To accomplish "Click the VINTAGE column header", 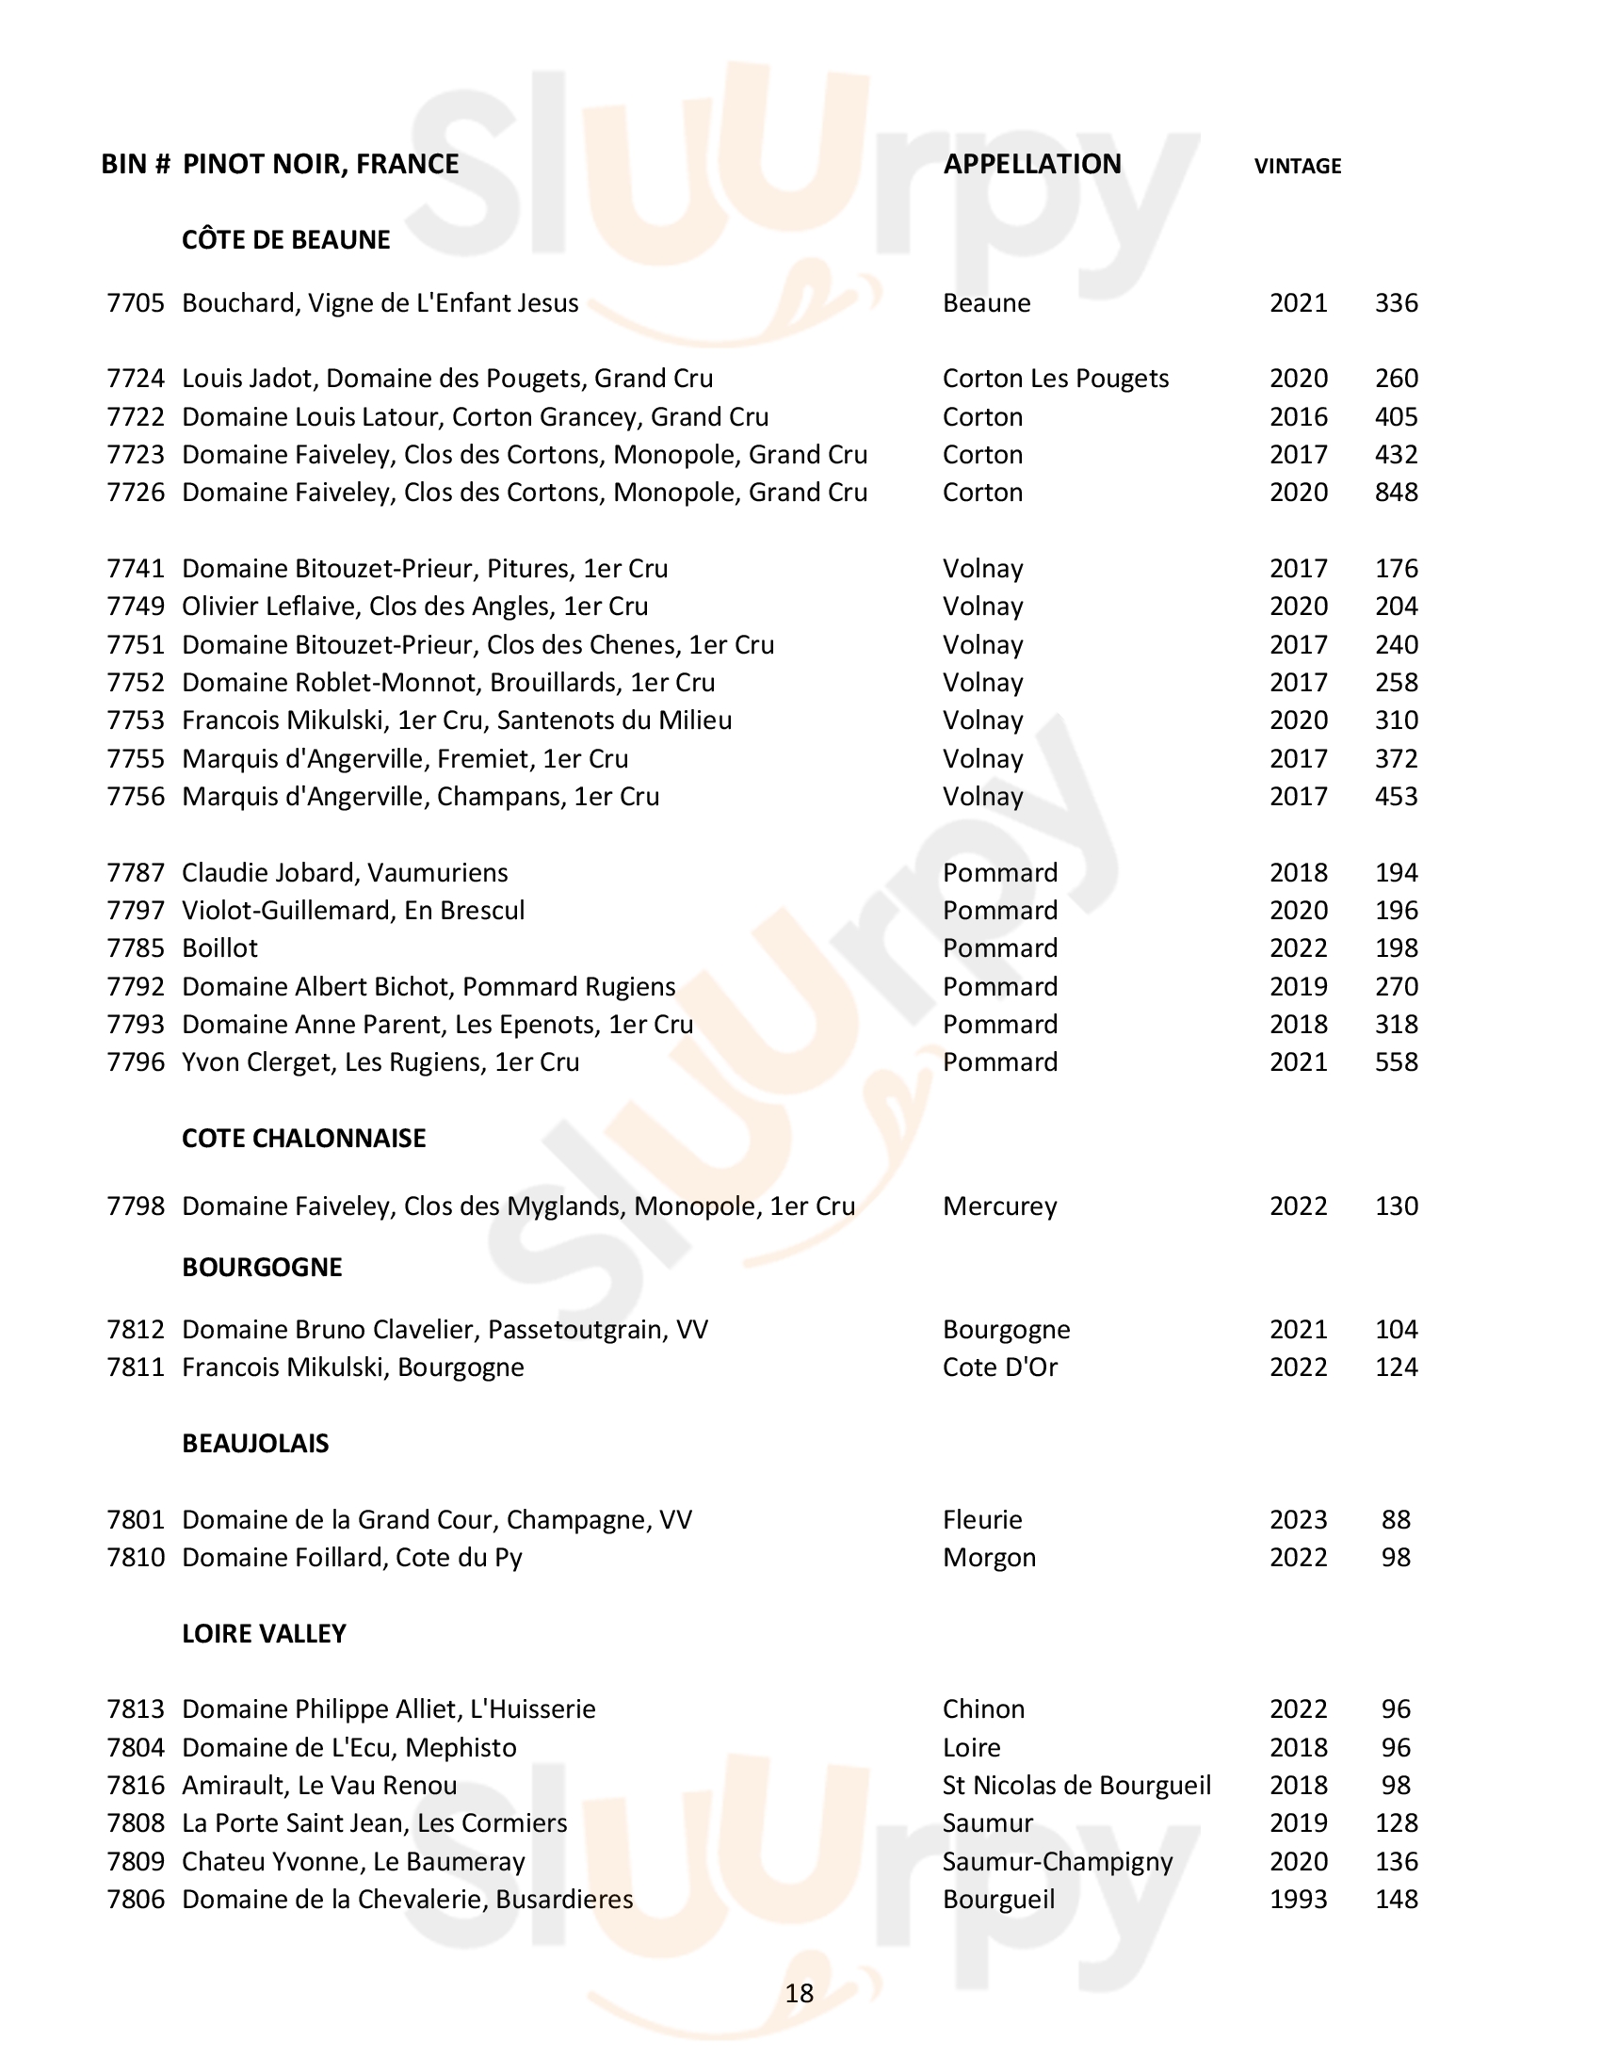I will point(1297,166).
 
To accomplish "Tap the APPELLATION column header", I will point(1031,164).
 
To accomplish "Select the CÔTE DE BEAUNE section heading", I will point(285,240).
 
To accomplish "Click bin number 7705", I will point(136,303).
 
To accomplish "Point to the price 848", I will point(1396,493).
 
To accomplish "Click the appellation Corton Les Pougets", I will point(1055,379).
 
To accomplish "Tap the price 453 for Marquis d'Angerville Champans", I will point(1396,797).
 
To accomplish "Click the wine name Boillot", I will point(220,948).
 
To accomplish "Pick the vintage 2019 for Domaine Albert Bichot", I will point(1299,987).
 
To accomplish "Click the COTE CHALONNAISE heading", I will point(303,1139).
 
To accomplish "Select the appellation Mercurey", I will point(998,1206).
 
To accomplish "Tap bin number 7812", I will point(136,1330).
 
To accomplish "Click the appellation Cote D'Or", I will point(998,1368).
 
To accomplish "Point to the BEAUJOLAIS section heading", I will point(255,1444).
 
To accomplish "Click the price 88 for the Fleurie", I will point(1396,1520).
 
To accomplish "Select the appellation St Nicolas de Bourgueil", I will point(1076,1786).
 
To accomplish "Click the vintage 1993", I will point(1299,1900).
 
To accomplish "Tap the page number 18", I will point(800,1993).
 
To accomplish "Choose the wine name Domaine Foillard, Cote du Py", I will point(352,1558).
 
